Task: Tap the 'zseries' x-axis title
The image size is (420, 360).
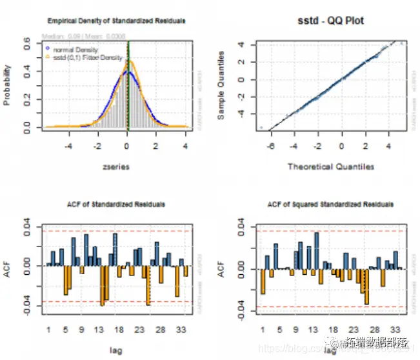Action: point(117,166)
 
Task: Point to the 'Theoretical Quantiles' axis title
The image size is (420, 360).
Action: point(331,167)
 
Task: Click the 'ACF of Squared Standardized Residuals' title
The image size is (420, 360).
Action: point(330,205)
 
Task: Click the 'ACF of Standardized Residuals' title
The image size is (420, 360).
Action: point(117,205)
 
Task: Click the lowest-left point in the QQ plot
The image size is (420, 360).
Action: point(261,128)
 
